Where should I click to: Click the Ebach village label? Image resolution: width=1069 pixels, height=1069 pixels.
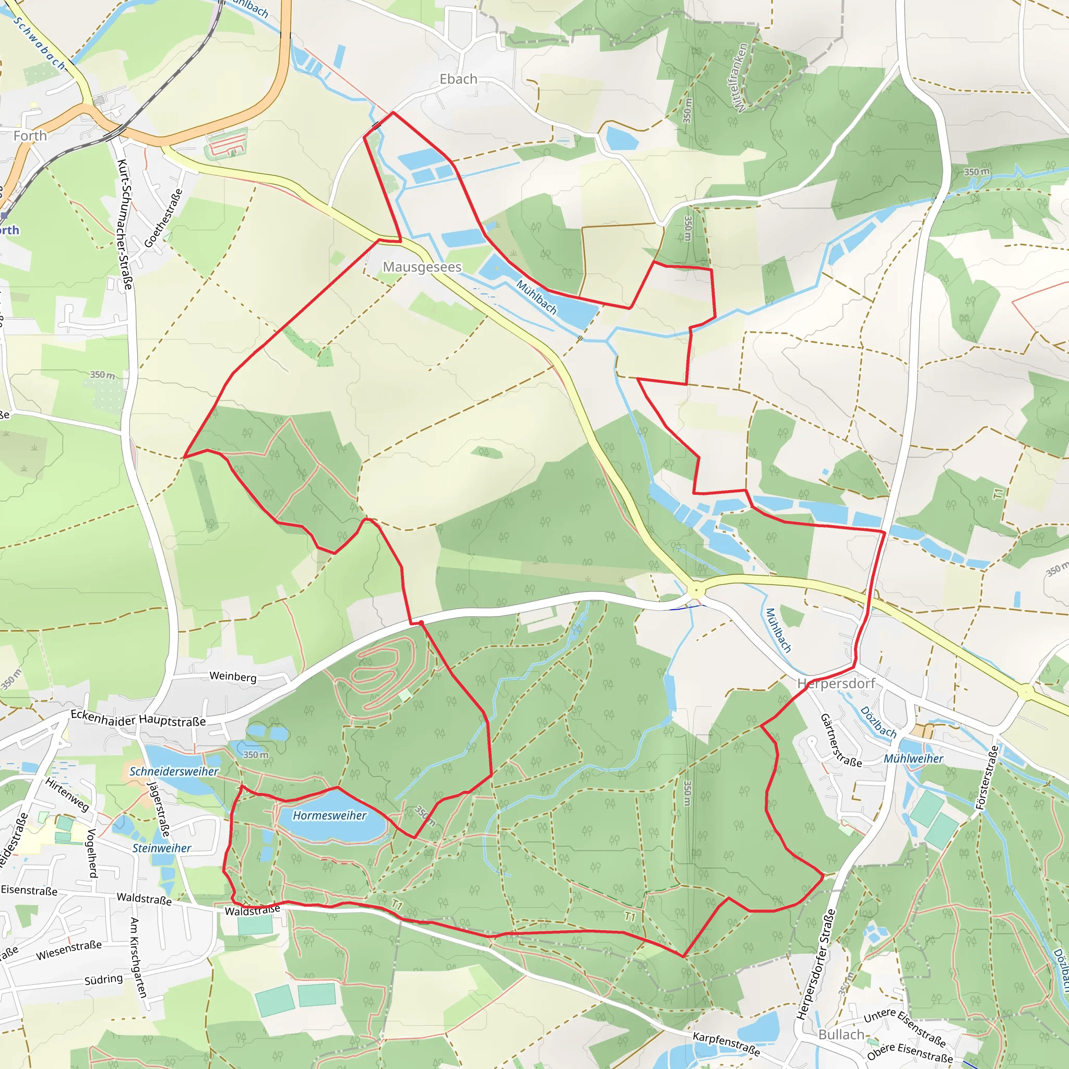(x=458, y=79)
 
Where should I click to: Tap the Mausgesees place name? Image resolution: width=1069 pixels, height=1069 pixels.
(x=422, y=267)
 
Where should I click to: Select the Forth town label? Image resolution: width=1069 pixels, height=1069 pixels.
(x=30, y=136)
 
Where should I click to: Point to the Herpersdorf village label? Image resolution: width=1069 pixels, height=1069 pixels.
(x=836, y=683)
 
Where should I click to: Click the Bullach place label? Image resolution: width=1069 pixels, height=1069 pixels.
(x=841, y=1035)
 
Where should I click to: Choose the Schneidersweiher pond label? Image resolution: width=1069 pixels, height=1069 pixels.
(x=174, y=771)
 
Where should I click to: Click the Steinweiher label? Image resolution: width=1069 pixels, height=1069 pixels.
(x=162, y=848)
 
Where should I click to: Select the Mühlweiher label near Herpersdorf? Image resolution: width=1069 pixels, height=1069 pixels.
(x=913, y=758)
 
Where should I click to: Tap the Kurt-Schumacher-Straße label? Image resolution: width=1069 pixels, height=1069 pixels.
(x=125, y=224)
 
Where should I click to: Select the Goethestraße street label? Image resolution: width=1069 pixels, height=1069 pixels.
(x=163, y=218)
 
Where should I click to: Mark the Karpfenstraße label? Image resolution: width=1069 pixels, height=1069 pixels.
(x=727, y=1043)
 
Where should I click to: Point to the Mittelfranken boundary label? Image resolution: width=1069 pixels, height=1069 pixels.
(x=739, y=77)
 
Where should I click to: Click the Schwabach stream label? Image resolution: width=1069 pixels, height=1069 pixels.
(x=39, y=43)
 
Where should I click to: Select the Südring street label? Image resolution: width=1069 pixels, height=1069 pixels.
(x=103, y=979)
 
